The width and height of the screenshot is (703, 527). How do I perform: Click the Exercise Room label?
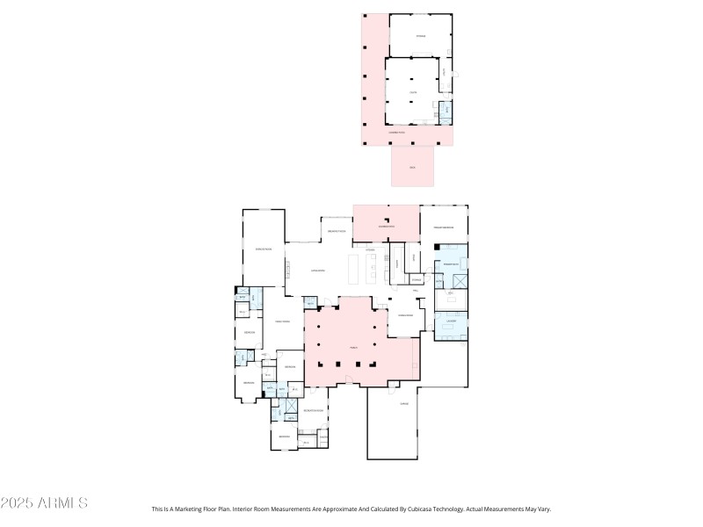(x=264, y=249)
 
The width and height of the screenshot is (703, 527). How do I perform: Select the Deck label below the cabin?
(x=412, y=167)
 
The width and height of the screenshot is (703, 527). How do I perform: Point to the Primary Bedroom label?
(x=443, y=227)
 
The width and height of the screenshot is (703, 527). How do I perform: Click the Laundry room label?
(x=451, y=322)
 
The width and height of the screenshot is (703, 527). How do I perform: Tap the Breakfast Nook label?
(x=336, y=230)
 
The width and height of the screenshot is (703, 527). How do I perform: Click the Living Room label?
(x=318, y=271)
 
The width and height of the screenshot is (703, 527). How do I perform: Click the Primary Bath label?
(x=451, y=263)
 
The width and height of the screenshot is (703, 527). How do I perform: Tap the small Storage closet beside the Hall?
(x=416, y=279)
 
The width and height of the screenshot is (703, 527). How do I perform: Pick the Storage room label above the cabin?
(x=420, y=36)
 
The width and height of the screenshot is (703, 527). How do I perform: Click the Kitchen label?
(x=371, y=249)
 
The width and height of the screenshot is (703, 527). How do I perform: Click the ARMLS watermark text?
(x=44, y=503)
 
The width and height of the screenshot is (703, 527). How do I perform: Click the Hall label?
(x=415, y=289)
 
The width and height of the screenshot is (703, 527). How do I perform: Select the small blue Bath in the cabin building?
(x=445, y=111)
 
